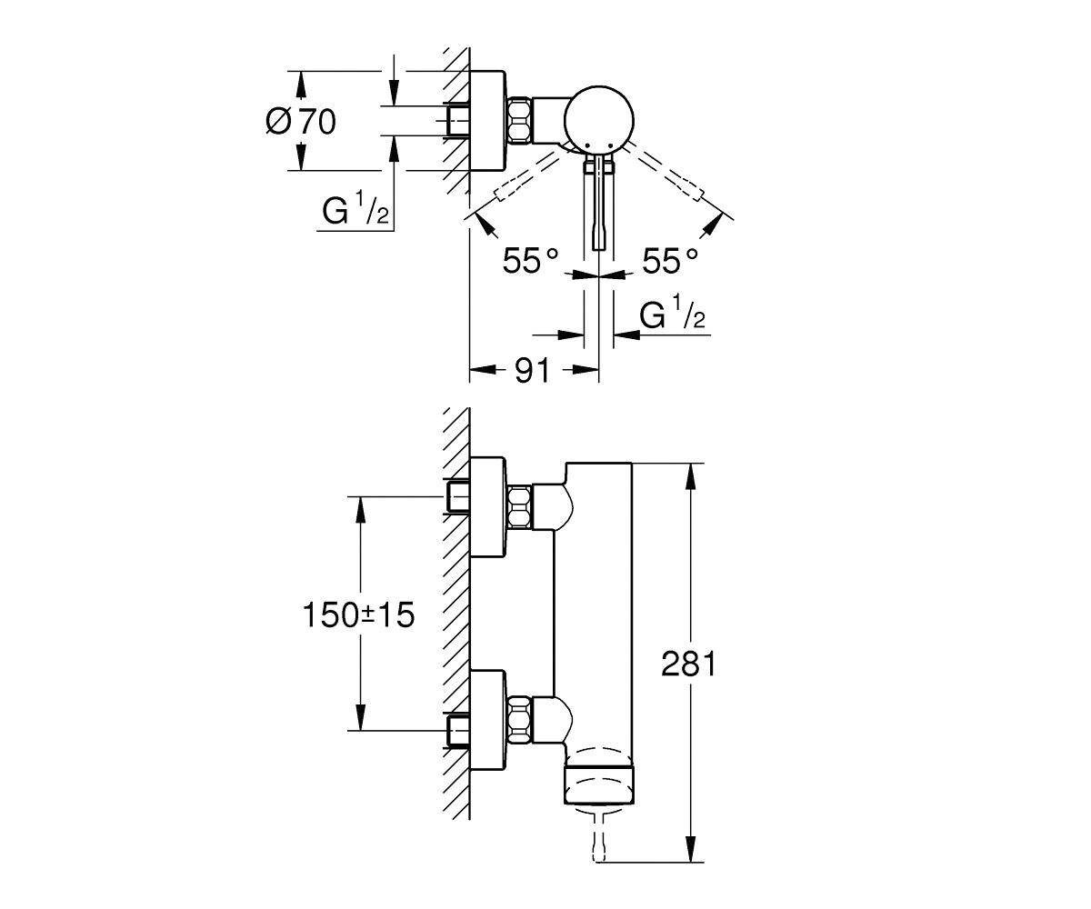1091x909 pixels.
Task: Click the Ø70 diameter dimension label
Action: [x=301, y=122]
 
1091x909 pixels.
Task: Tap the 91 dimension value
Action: [x=533, y=370]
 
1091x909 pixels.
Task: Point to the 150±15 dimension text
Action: [x=358, y=614]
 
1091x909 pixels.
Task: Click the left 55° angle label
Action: [x=530, y=261]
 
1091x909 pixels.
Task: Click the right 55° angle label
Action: [x=670, y=261]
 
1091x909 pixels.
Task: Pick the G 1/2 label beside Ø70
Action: [x=355, y=208]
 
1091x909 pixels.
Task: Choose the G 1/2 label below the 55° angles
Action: [x=673, y=312]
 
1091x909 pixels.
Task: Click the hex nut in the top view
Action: [x=519, y=120]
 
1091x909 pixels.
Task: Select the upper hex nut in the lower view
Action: [x=520, y=506]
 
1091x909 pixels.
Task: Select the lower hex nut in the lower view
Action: [x=520, y=720]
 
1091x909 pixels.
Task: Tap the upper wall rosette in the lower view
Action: [x=488, y=506]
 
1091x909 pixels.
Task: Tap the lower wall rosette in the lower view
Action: [x=488, y=720]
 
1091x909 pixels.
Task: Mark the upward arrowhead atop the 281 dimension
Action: [x=691, y=476]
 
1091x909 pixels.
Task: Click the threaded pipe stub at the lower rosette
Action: [x=457, y=730]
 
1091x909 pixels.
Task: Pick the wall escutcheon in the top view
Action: [x=488, y=120]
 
